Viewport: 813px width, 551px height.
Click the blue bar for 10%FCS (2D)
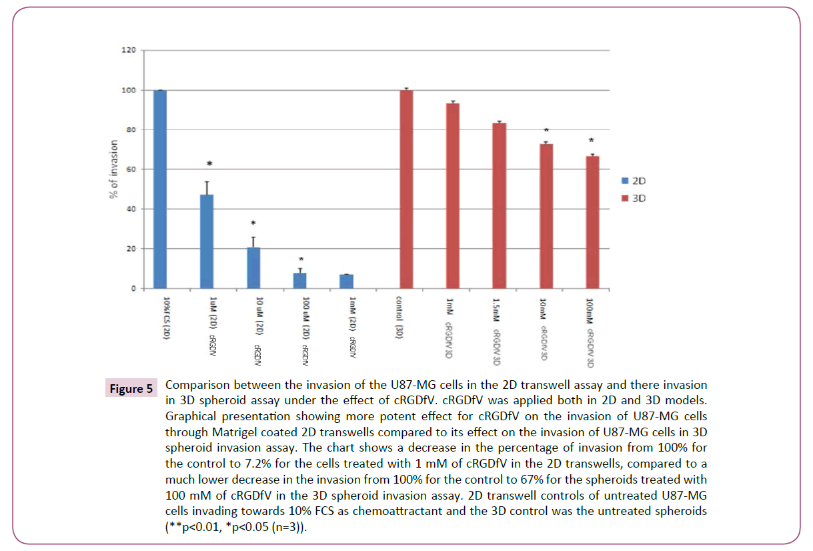tap(160, 189)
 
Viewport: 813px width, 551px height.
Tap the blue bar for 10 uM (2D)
tap(253, 268)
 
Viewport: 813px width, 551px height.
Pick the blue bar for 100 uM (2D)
tap(300, 281)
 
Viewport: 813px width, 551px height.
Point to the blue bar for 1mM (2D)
tap(346, 282)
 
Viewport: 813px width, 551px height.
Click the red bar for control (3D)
tap(406, 189)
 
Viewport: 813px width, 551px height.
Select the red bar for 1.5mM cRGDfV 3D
tap(499, 206)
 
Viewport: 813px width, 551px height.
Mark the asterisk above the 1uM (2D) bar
tap(209, 164)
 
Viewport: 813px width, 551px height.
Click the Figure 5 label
tap(131, 388)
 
